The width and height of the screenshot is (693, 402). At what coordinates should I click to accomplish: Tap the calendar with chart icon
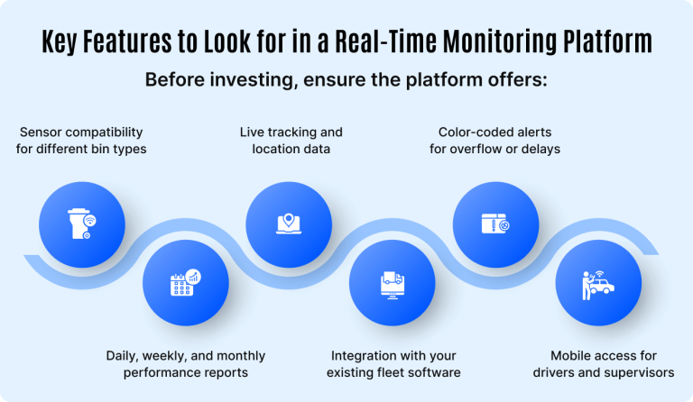[x=184, y=283]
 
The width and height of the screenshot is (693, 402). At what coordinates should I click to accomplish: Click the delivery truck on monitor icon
[x=391, y=283]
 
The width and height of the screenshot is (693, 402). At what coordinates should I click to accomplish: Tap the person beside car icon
[x=596, y=283]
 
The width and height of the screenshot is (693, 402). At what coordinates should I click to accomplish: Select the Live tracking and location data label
[x=291, y=141]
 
